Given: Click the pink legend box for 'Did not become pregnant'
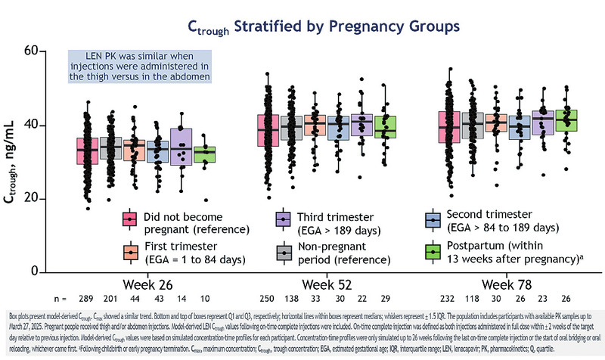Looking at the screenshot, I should (130, 219).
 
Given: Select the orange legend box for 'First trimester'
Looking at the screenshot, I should (130, 251).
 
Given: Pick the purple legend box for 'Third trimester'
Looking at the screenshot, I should (282, 219).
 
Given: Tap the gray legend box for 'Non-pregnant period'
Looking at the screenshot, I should (282, 251).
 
